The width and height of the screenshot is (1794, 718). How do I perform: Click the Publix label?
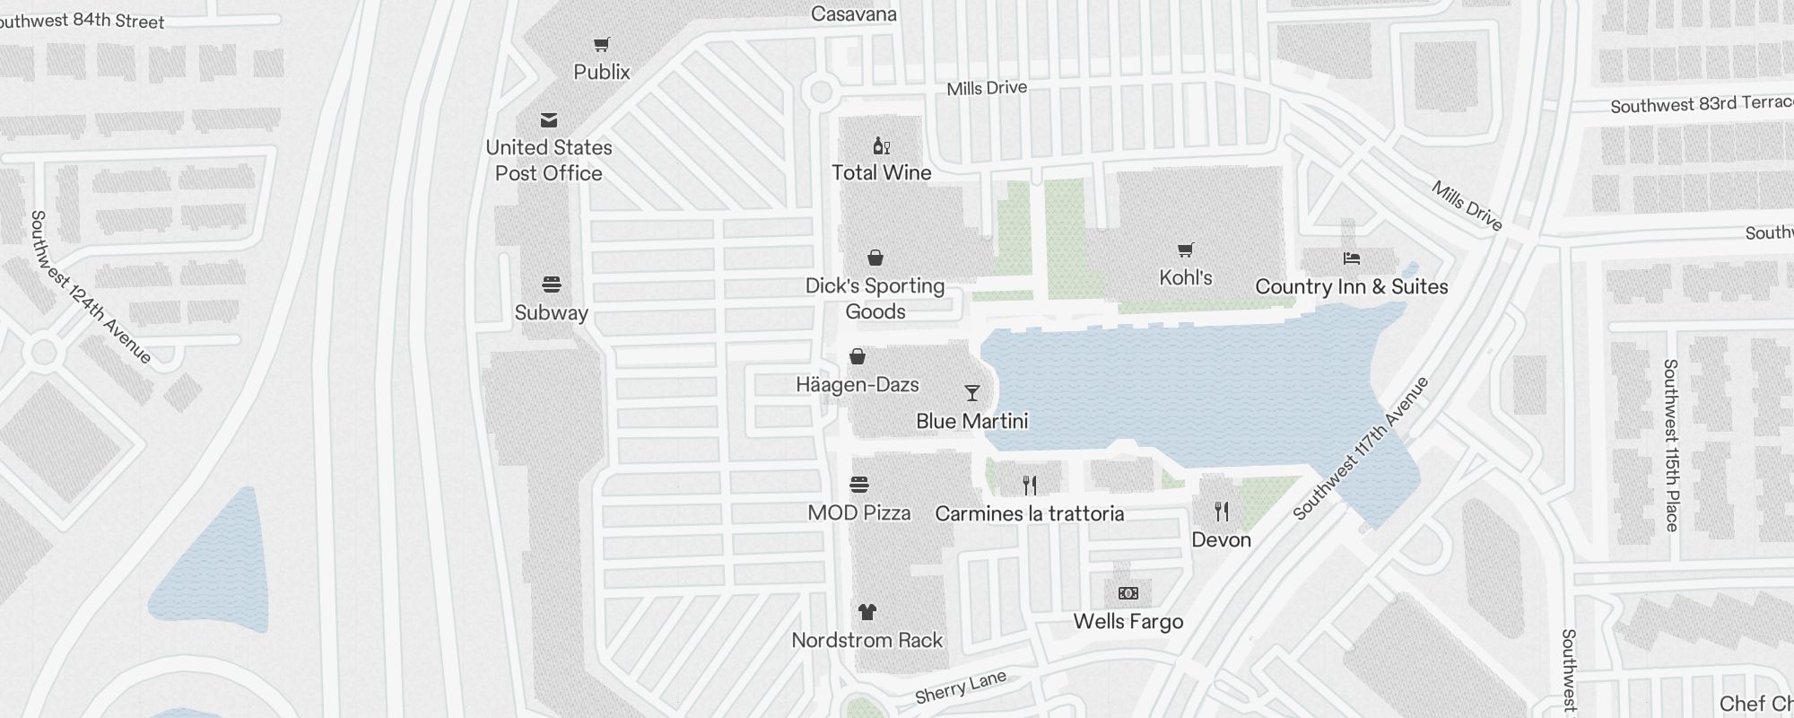[601, 72]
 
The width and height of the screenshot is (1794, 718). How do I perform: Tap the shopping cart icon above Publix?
[602, 44]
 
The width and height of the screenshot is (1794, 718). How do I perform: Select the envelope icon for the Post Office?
[549, 120]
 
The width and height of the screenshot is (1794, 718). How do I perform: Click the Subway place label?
[551, 312]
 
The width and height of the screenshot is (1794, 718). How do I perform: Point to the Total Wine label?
[881, 172]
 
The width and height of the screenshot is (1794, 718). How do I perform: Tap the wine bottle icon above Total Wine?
[881, 145]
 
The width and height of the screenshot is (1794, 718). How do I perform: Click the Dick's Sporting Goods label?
[875, 298]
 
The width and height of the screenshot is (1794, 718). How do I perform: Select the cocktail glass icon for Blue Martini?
[971, 393]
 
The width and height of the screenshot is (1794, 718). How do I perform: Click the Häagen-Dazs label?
[857, 384]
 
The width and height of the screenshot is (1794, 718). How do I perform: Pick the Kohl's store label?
[1185, 277]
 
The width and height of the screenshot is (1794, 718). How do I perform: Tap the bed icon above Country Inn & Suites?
[1351, 258]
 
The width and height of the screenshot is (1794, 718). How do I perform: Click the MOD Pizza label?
[858, 512]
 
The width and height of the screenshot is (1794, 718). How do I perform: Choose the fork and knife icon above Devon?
[1221, 512]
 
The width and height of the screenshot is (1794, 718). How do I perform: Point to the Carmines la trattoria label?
[1029, 513]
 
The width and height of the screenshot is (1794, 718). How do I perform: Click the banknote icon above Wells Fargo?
[1128, 593]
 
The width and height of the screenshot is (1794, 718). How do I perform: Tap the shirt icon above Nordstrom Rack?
[867, 612]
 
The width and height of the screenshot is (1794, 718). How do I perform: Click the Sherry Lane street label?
[961, 687]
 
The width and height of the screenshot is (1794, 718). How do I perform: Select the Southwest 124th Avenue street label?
[90, 287]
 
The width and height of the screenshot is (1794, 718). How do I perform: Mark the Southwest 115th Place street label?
[1670, 444]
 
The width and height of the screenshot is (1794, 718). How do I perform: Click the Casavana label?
[853, 13]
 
